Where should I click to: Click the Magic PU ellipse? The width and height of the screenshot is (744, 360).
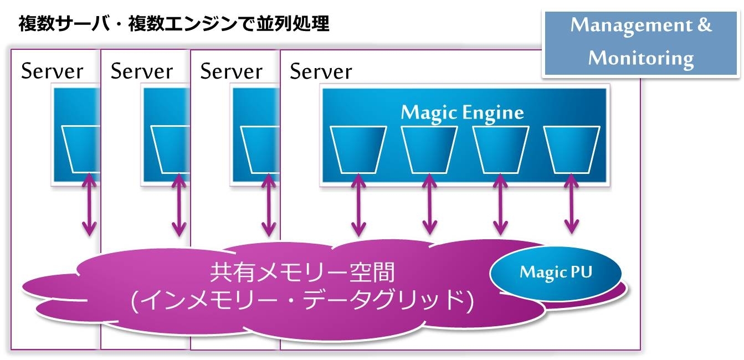pyautogui.click(x=556, y=273)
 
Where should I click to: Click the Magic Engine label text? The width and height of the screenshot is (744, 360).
pyautogui.click(x=463, y=113)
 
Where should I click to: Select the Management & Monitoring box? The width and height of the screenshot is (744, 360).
pyautogui.click(x=641, y=44)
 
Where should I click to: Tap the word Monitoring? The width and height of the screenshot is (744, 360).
pyautogui.click(x=641, y=59)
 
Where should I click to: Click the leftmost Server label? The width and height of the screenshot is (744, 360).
pyautogui.click(x=52, y=71)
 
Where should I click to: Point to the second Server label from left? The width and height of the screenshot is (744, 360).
pyautogui.click(x=142, y=71)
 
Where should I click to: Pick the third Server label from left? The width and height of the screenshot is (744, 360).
pyautogui.click(x=232, y=71)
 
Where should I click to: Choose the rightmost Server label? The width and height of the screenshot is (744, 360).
pyautogui.click(x=321, y=71)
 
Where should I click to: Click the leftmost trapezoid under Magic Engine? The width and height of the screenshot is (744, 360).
pyautogui.click(x=358, y=150)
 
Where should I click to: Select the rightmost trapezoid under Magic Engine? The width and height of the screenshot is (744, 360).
pyautogui.click(x=572, y=150)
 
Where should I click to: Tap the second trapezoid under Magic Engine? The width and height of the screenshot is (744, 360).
pyautogui.click(x=429, y=150)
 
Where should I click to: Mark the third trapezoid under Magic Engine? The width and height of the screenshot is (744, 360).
pyautogui.click(x=501, y=150)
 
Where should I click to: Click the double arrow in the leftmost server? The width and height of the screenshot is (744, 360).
pyautogui.click(x=89, y=204)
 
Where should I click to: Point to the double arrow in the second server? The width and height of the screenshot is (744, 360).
pyautogui.click(x=179, y=204)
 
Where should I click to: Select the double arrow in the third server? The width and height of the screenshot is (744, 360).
pyautogui.click(x=269, y=204)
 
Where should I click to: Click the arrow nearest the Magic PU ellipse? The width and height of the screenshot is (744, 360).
pyautogui.click(x=572, y=204)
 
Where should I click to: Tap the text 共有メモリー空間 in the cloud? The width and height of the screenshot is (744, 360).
pyautogui.click(x=302, y=272)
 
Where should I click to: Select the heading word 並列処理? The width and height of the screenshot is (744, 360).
pyautogui.click(x=293, y=24)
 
